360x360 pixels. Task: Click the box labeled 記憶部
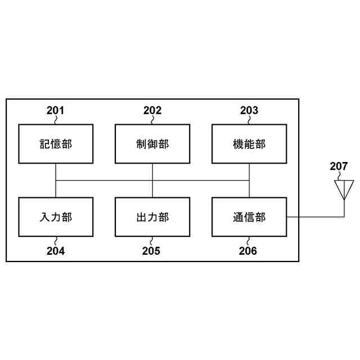tap(56, 144)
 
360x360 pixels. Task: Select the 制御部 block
tap(152, 144)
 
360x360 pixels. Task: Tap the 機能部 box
tap(249, 144)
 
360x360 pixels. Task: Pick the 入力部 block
tap(56, 217)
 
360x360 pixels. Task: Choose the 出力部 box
tap(152, 217)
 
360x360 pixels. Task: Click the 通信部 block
tap(249, 217)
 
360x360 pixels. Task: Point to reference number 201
tap(55, 110)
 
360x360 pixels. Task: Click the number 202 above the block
tap(152, 110)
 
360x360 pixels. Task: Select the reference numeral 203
tap(249, 110)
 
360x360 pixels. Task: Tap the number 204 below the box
tap(55, 251)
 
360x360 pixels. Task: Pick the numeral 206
tap(247, 251)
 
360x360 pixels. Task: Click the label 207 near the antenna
tap(339, 166)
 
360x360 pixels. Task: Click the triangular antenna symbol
tap(344, 188)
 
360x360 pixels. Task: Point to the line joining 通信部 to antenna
tap(315, 217)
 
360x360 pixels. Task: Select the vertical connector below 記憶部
tap(56, 172)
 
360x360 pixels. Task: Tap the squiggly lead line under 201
tap(56, 120)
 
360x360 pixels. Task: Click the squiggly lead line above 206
tap(249, 241)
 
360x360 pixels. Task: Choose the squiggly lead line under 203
tap(249, 120)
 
